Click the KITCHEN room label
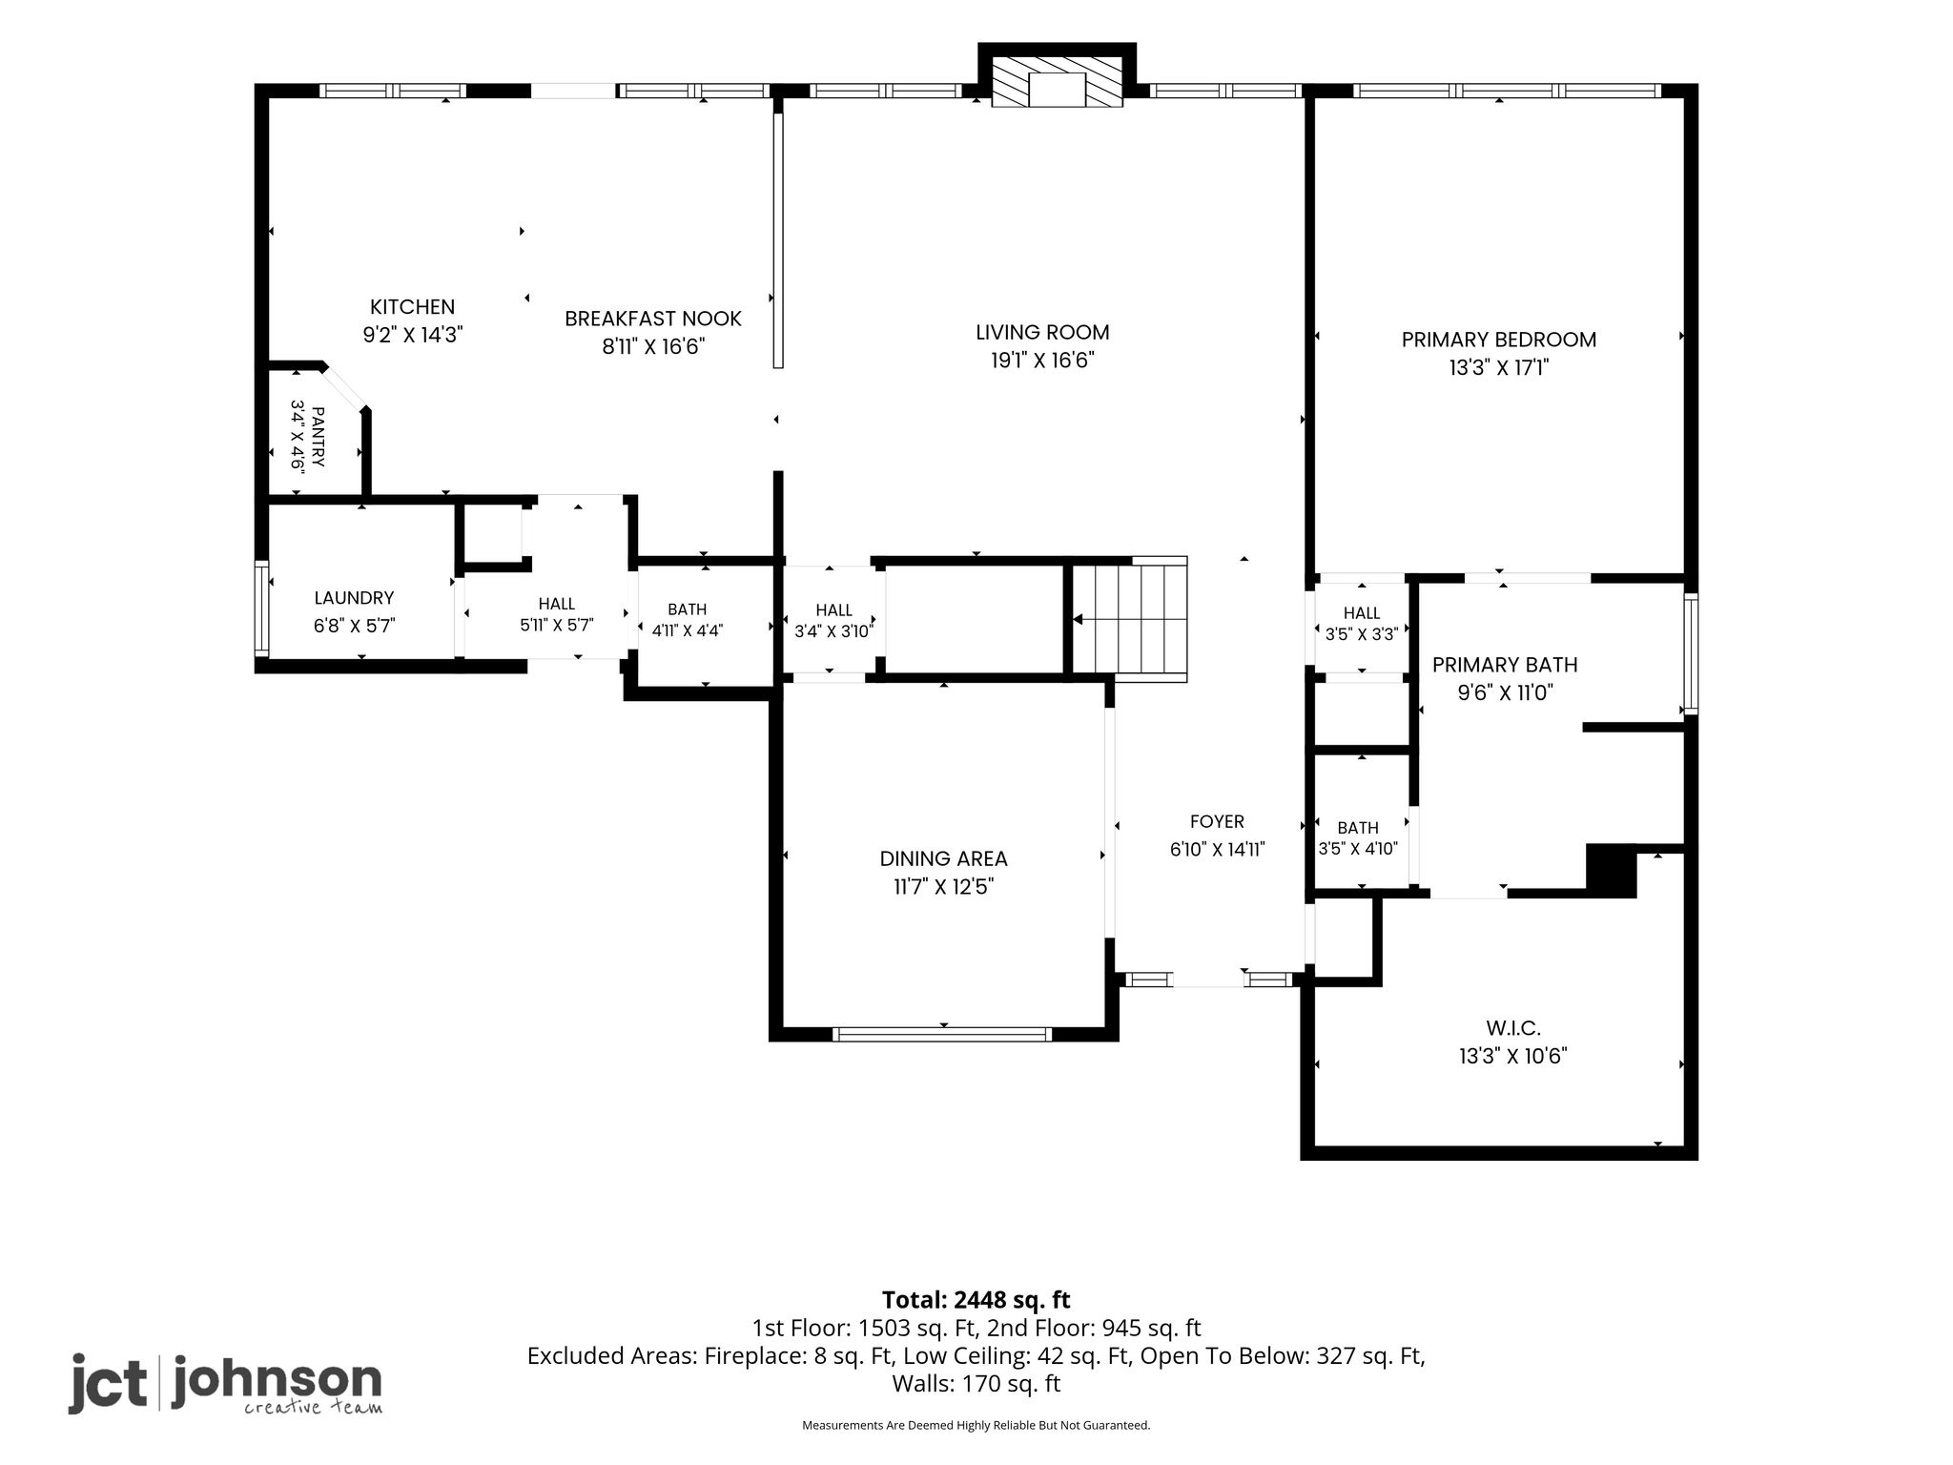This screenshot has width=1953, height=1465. pos(412,307)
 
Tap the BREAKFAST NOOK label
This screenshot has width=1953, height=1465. pos(653,319)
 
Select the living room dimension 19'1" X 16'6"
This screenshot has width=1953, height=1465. pos(1042,361)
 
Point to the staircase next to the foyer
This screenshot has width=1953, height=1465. pos(1130,619)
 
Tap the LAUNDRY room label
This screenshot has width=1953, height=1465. pos(354,598)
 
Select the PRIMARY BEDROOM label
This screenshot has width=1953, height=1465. pos(1499,340)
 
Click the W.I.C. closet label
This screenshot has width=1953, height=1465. pos(1513,1028)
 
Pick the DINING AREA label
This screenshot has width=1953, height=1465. pos(943,858)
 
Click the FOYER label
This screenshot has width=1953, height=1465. pos(1217,822)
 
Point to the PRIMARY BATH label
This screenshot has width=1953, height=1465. pos(1505,665)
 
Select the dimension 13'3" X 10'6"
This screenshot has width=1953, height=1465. pos(1513,1056)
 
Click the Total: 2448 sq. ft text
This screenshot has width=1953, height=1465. pos(976,1300)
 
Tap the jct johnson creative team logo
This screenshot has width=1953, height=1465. pos(225,1383)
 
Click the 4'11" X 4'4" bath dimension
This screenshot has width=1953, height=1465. pos(687,630)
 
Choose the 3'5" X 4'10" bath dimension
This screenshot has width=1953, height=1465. pos(1358,849)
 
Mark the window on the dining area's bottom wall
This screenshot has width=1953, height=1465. pos(942,1034)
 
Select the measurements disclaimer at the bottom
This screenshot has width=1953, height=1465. pos(976,1425)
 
